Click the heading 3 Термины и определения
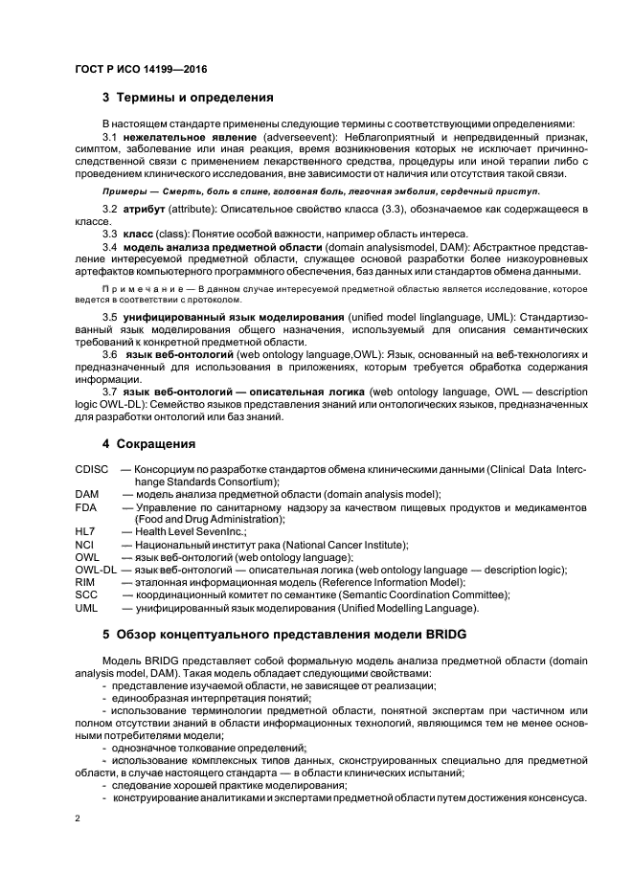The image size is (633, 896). point(188,98)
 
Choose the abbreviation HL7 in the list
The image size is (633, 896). point(85,531)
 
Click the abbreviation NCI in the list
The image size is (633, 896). point(84,545)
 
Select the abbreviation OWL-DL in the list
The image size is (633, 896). point(95,570)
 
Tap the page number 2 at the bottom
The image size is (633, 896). point(79,819)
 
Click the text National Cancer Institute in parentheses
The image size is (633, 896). point(345,545)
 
